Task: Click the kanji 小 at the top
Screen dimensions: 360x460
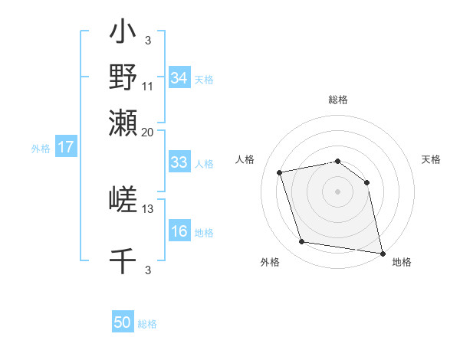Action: [123, 34]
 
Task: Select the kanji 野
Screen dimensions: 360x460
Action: [123, 77]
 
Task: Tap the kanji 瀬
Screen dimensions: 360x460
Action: [123, 123]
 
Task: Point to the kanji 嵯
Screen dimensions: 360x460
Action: [123, 200]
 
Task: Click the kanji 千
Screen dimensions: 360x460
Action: [123, 260]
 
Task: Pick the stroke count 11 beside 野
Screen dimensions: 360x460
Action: [148, 87]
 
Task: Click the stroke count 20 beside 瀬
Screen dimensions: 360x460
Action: [148, 132]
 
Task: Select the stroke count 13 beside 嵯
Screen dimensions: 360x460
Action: [148, 208]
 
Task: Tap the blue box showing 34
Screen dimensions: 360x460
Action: [179, 78]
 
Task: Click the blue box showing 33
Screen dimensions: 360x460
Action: [179, 162]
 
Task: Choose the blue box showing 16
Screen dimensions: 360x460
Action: [179, 231]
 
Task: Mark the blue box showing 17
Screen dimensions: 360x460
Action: [66, 147]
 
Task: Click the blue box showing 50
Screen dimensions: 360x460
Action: [123, 322]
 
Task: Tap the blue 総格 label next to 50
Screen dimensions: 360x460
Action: [147, 324]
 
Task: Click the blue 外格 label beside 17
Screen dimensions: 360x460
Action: [41, 149]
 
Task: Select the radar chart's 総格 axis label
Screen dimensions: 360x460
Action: [338, 100]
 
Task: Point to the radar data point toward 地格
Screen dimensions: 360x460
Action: [381, 251]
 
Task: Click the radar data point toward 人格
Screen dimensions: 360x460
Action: [281, 173]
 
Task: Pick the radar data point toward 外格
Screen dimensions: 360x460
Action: [302, 242]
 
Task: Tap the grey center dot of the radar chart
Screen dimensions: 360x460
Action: [337, 191]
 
